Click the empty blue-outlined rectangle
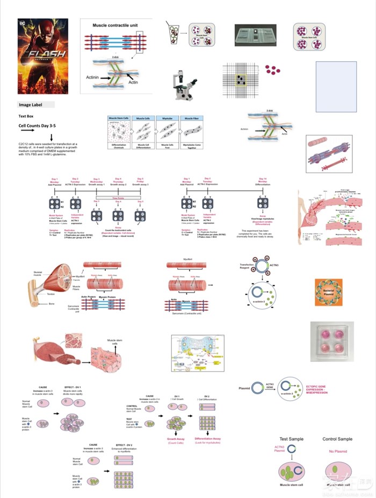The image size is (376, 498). (336, 79)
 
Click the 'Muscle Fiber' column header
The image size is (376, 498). (192, 118)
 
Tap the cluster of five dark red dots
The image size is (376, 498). (273, 70)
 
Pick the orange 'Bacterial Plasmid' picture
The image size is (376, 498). (329, 293)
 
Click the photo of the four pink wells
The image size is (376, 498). (332, 343)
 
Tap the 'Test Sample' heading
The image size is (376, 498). (292, 439)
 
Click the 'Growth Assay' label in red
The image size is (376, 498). (176, 439)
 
